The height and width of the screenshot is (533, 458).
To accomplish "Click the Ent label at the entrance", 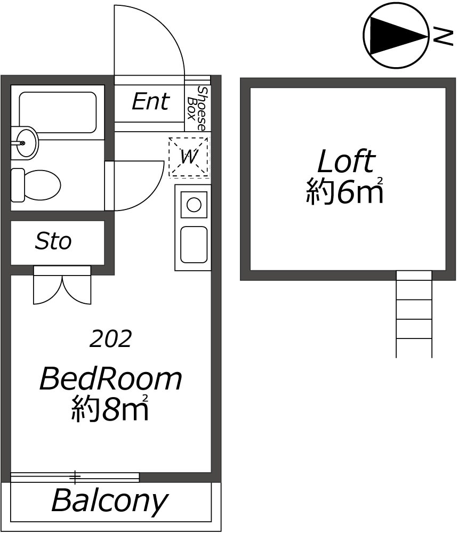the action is [x=151, y=101].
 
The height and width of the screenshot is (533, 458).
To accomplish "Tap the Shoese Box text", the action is [x=197, y=108].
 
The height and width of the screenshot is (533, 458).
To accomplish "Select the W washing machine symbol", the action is [x=189, y=157].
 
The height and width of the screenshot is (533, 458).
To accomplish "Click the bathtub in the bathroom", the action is [x=58, y=112].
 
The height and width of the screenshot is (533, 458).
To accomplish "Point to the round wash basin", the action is [x=25, y=143].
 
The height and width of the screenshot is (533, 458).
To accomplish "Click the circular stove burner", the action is [x=194, y=205].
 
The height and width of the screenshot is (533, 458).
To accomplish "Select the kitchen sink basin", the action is [x=194, y=245].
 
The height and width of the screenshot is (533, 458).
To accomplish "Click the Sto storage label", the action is [x=53, y=241].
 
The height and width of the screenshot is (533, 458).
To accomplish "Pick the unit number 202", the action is [x=110, y=339].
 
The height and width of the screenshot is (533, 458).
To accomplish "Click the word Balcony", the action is [x=110, y=500].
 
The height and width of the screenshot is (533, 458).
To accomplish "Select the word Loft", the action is [x=347, y=162].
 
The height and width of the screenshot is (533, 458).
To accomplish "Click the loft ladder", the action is [x=414, y=314].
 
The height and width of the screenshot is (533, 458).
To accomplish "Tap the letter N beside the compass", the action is [x=443, y=38].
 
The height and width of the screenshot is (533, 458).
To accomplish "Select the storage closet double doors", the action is [x=62, y=285].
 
